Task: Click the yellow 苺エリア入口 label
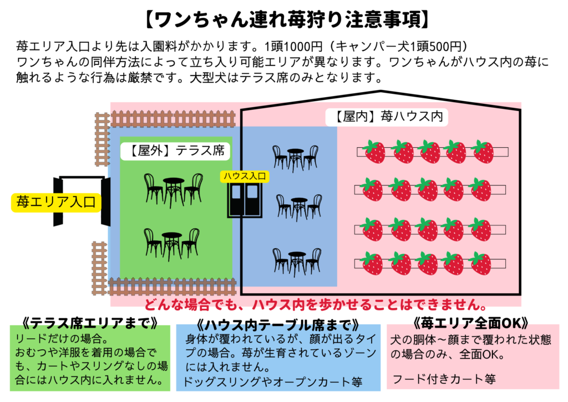pyautogui.click(x=56, y=202)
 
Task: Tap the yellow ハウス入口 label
pyautogui.click(x=245, y=177)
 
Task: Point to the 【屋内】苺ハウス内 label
pyautogui.click(x=387, y=117)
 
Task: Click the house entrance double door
pyautogui.click(x=245, y=200)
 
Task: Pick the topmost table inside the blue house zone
pyautogui.click(x=295, y=159)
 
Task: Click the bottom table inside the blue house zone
pyautogui.click(x=297, y=262)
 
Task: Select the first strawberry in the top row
pyautogui.click(x=374, y=152)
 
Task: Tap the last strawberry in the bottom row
pyautogui.click(x=480, y=263)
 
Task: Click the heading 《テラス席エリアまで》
pyautogui.click(x=89, y=322)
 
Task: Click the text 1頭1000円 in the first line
pyautogui.click(x=293, y=47)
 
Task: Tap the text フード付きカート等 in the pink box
pyautogui.click(x=444, y=379)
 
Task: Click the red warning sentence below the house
pyautogui.click(x=316, y=304)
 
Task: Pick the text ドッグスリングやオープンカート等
pyautogui.click(x=273, y=381)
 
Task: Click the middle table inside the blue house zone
pyautogui.click(x=299, y=207)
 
